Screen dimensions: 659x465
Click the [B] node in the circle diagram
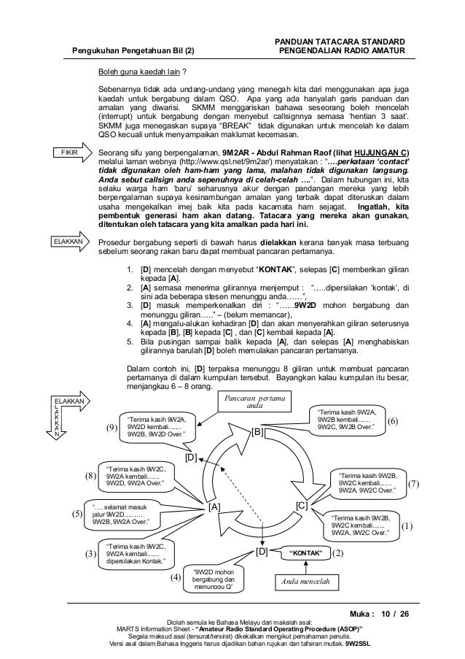pyautogui.click(x=258, y=432)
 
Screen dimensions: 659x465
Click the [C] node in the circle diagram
pyautogui.click(x=303, y=505)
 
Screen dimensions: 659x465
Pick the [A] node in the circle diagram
pyautogui.click(x=213, y=505)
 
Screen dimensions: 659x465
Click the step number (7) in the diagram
pyautogui.click(x=413, y=483)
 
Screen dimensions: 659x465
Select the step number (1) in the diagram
pyautogui.click(x=407, y=524)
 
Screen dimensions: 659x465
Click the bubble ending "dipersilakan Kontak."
pyautogui.click(x=136, y=552)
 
